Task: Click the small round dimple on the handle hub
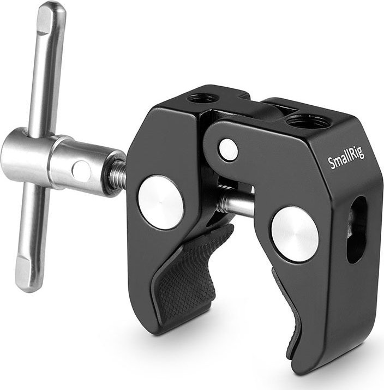[x=81, y=171]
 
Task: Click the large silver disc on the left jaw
[x=160, y=202]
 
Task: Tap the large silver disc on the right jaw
[x=295, y=233]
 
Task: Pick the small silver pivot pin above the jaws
[x=229, y=149]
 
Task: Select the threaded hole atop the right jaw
[x=308, y=121]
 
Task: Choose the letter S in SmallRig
[x=331, y=163]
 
